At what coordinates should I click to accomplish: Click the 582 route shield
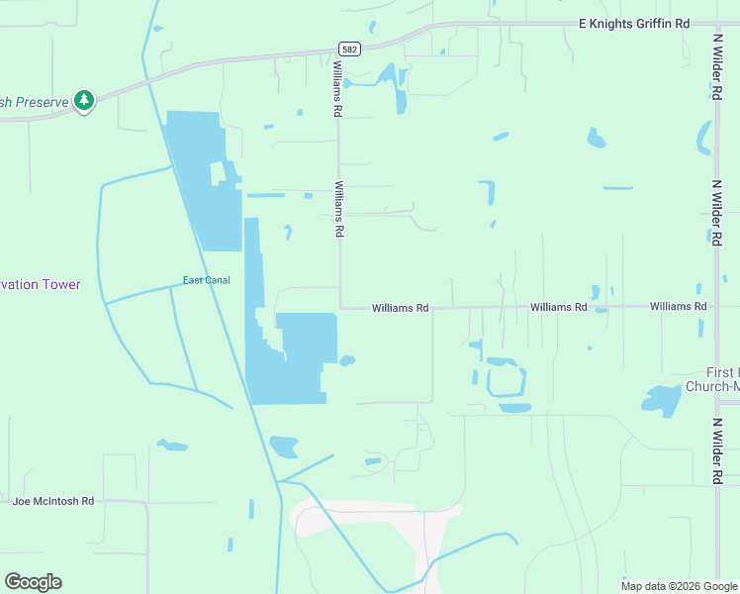pos(348,49)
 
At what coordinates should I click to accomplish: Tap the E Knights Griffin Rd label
pos(633,23)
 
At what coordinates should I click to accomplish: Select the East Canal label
pos(207,280)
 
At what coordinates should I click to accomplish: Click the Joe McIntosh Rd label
pos(53,501)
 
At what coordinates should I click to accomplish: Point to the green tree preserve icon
pos(84,100)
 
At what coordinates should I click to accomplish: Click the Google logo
pos(33,582)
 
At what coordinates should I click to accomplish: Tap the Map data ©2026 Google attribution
pos(680,586)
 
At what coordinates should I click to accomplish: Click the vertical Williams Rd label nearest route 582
pos(338,89)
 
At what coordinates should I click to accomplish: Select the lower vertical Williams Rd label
pos(339,209)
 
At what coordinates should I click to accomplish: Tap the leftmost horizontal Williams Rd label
pos(400,309)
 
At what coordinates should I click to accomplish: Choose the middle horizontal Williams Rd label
pos(558,308)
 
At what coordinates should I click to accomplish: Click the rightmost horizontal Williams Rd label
pos(678,307)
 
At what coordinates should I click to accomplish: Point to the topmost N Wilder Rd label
pos(715,67)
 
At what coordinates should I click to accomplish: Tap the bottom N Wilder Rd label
pos(715,450)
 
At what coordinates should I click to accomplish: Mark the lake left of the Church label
pos(662,399)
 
